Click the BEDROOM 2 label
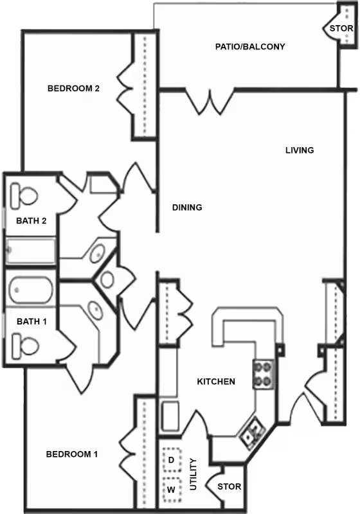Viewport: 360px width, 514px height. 73,88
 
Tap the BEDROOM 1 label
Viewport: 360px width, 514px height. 72,454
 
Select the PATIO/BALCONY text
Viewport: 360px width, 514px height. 250,46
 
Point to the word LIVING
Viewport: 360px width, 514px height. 300,150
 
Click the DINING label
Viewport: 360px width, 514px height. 187,207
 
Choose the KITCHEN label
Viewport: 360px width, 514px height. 216,382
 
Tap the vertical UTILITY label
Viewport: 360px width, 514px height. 193,474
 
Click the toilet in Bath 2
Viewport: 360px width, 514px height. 24,196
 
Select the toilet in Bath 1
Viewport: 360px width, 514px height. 25,346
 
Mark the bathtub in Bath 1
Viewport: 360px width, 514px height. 30,290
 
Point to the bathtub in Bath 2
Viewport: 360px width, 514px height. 31,251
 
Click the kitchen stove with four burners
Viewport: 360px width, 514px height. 264,374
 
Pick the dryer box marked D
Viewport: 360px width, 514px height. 172,460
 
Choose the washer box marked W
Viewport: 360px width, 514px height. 172,490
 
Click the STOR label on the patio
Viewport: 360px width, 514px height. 341,28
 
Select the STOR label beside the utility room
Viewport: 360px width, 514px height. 230,486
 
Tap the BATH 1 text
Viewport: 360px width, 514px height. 32,322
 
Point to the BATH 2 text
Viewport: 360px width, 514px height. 31,220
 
